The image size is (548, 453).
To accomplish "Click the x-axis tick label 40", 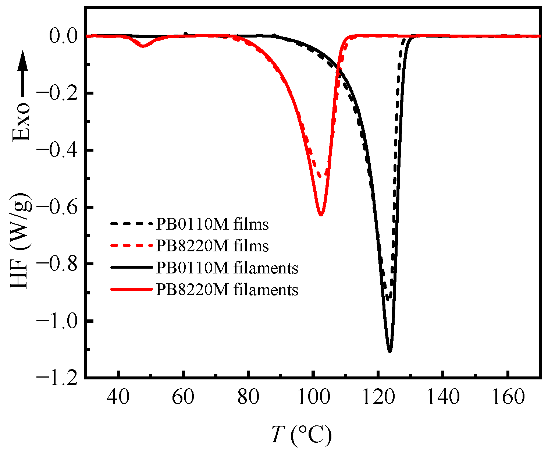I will (x=118, y=398).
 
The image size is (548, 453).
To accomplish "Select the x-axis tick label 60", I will (x=183, y=398).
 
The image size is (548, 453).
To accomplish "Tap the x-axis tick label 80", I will (x=248, y=398).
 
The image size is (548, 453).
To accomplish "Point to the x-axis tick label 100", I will (x=313, y=398).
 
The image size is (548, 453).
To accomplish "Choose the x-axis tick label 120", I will (x=378, y=398).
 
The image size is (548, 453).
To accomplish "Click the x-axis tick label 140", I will (x=443, y=398).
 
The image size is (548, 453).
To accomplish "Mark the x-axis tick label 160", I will (x=508, y=398).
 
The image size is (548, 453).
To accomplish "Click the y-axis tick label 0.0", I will (x=63, y=36).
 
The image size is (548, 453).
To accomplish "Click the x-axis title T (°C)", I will (x=301, y=435).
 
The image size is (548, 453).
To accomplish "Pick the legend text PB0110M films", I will (x=212, y=224).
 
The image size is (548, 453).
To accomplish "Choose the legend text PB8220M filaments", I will (x=227, y=290).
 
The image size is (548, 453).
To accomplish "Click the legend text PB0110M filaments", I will (x=227, y=268).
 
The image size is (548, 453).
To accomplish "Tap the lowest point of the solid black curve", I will (x=389, y=352).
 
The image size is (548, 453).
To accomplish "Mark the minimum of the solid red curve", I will (x=321, y=215).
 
